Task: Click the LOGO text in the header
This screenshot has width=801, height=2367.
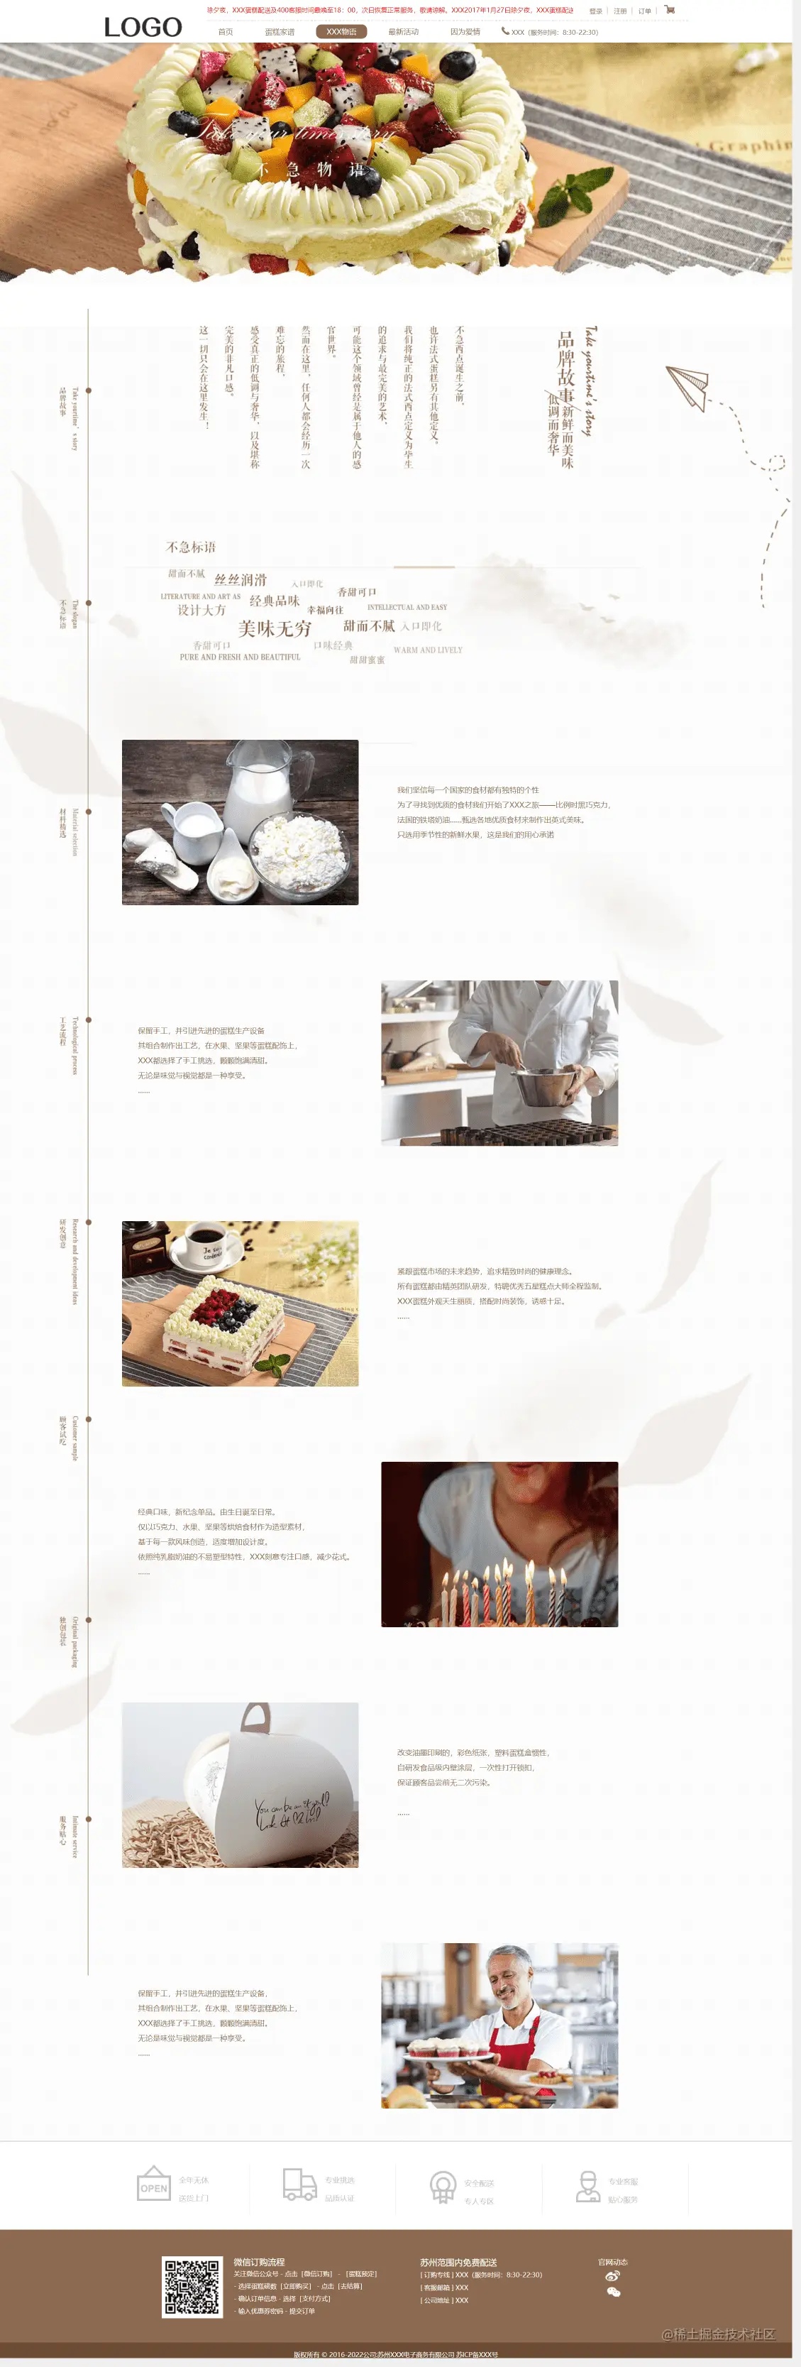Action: pos(143,28)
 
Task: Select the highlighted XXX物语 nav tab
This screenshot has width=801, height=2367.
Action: pos(341,31)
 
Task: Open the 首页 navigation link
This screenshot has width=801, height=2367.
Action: pos(225,32)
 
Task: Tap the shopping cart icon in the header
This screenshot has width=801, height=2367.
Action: pos(670,10)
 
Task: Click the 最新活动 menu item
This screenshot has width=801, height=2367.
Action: pos(402,32)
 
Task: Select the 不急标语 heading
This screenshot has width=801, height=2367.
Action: pos(190,547)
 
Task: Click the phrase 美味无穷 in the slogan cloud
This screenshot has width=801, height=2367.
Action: pos(275,628)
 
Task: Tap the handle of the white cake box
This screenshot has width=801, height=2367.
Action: pos(255,1717)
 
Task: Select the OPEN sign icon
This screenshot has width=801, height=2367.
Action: pos(153,2184)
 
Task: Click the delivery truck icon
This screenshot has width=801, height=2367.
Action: pos(299,2184)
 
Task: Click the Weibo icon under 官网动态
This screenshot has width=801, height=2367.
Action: pos(613,2275)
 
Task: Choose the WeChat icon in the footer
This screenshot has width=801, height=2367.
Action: pos(614,2292)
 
